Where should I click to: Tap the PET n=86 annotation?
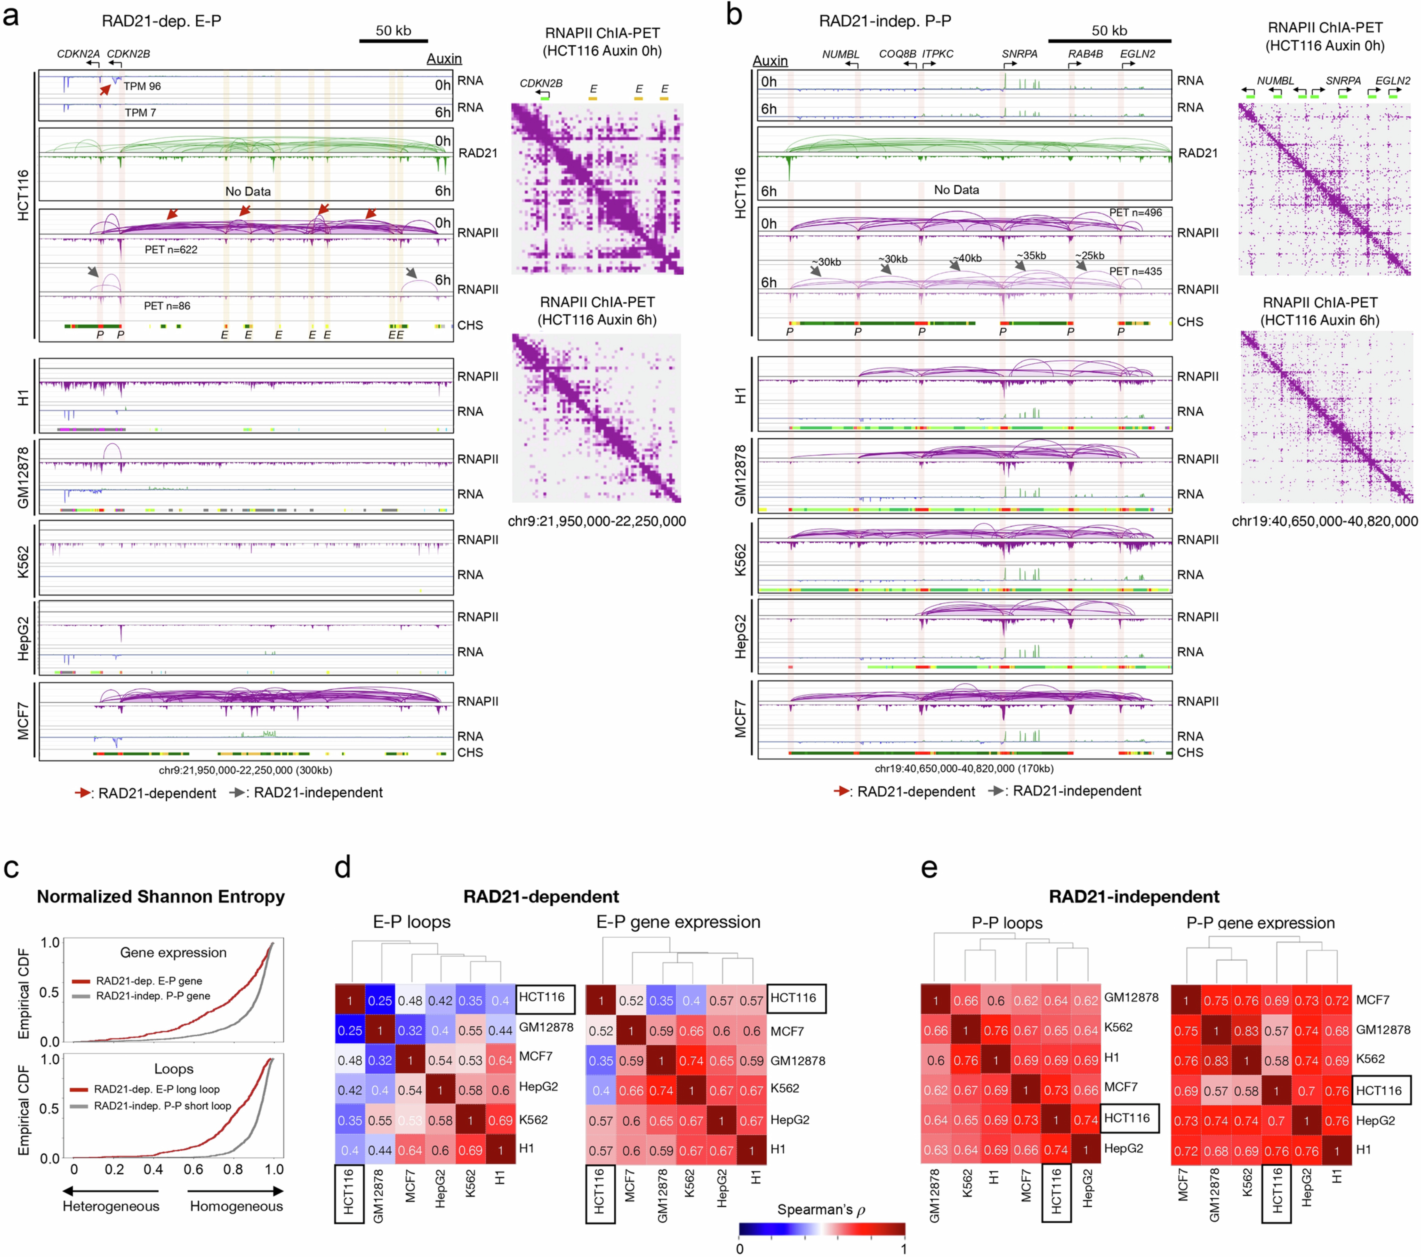pos(167,306)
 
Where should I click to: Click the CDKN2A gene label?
pos(78,53)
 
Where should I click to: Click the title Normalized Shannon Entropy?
pos(160,897)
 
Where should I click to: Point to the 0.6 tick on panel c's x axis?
pos(193,1169)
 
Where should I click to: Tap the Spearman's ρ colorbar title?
pos(820,1210)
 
